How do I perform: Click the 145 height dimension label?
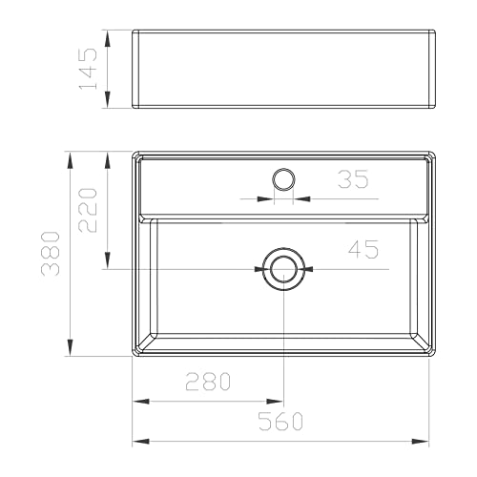click(x=88, y=69)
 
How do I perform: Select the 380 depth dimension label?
click(x=51, y=254)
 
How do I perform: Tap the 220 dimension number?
click(x=88, y=211)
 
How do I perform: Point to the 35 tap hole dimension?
click(x=353, y=179)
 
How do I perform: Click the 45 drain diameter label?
click(x=363, y=249)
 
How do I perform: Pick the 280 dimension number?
click(x=208, y=382)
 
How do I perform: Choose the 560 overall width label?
click(x=280, y=421)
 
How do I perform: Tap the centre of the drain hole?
click(x=283, y=269)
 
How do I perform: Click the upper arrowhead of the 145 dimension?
click(x=108, y=38)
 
